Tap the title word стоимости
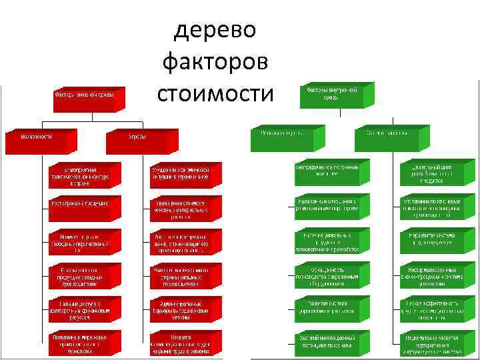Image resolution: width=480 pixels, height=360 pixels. pyautogui.click(x=215, y=94)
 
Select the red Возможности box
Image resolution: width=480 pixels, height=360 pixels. pyautogui.click(x=35, y=137)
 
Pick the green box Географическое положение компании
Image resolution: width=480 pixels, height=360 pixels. pyautogui.click(x=327, y=170)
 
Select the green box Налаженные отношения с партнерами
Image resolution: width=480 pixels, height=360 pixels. pyautogui.click(x=327, y=205)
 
